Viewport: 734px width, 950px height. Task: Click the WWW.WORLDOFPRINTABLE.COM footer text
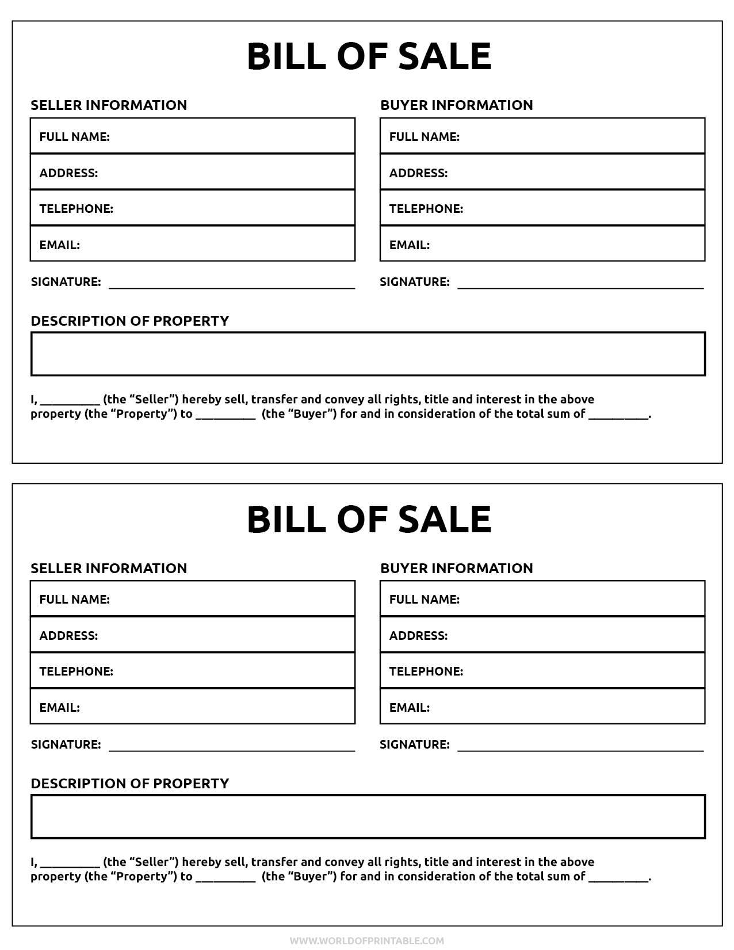tap(367, 941)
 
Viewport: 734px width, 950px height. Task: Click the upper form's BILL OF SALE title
tap(369, 56)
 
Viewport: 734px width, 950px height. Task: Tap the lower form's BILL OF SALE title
tap(369, 519)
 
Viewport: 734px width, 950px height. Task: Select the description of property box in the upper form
tap(368, 354)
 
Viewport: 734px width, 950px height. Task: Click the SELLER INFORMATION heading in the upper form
tap(109, 105)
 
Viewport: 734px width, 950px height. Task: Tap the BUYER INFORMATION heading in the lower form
tap(457, 569)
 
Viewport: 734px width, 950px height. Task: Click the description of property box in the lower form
tap(368, 817)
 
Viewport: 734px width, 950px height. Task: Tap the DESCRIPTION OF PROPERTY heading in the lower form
tap(130, 784)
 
